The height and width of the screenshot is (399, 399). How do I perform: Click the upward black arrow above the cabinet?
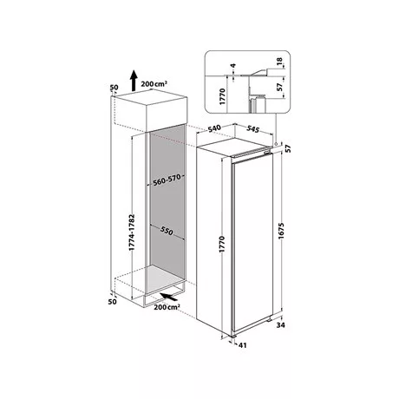click(x=133, y=81)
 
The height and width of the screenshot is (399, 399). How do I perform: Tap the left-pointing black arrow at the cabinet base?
click(x=169, y=297)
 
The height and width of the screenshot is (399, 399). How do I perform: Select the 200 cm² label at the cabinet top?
click(x=154, y=84)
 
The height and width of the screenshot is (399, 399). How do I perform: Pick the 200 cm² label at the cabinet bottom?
click(x=167, y=307)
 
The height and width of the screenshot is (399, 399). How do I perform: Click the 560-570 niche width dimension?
click(x=167, y=180)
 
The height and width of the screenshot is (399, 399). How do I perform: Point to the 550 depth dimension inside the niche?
click(x=167, y=231)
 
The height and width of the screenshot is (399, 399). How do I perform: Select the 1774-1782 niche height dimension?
click(x=132, y=232)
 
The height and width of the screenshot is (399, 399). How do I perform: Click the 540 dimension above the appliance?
click(x=214, y=128)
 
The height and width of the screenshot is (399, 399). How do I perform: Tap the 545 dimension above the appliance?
click(x=252, y=129)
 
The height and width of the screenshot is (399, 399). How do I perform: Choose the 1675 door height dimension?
click(x=281, y=231)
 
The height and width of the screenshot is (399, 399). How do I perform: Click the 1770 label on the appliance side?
click(x=222, y=245)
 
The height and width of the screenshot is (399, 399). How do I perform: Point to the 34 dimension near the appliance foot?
click(x=280, y=325)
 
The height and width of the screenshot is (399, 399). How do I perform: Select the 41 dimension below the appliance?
click(x=243, y=345)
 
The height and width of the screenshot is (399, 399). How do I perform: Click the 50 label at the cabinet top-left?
click(x=114, y=87)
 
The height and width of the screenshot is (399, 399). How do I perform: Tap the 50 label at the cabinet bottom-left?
click(x=113, y=302)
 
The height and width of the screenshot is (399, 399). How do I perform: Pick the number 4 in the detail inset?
click(x=233, y=66)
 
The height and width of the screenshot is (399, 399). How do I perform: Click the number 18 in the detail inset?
click(x=279, y=61)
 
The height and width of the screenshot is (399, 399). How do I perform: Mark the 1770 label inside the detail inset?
click(x=222, y=96)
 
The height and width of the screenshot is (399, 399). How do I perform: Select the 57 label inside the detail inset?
click(x=279, y=87)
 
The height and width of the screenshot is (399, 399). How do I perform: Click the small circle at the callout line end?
click(x=277, y=144)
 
